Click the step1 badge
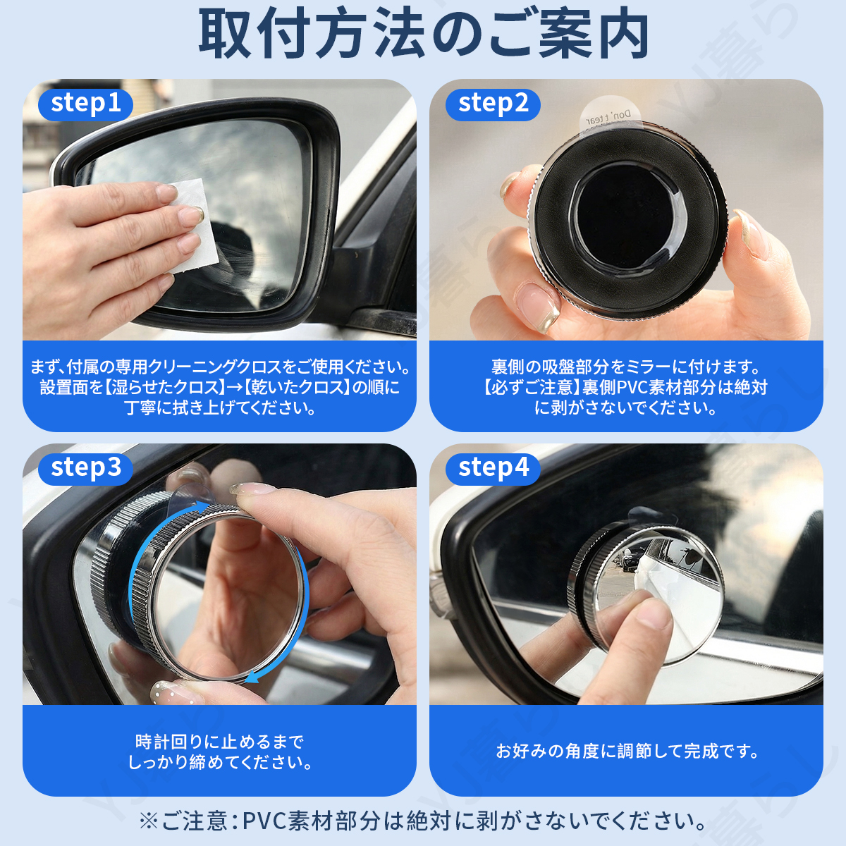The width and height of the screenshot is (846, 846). [x=85, y=104]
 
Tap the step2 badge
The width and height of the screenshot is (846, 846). [x=493, y=104]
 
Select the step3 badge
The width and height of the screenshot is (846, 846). [x=85, y=469]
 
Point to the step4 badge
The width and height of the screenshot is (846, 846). [x=493, y=469]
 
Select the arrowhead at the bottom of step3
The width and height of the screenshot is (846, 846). [x=254, y=677]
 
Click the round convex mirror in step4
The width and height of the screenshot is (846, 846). [x=654, y=597]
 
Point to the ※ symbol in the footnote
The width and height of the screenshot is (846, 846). [x=148, y=821]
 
